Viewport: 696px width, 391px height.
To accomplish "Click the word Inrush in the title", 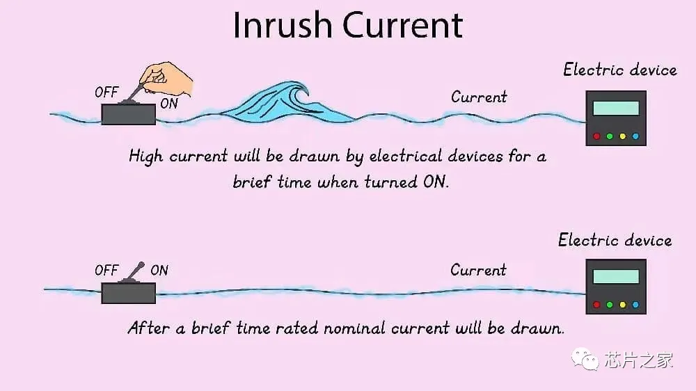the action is (x=283, y=25).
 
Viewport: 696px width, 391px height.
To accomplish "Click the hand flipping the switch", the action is (x=166, y=79).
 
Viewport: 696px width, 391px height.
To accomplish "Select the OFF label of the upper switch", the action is (x=106, y=93).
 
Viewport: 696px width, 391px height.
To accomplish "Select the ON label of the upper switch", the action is (x=169, y=104).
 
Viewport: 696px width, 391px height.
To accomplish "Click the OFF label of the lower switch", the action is (x=106, y=270).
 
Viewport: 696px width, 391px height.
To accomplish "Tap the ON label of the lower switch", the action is (x=159, y=270).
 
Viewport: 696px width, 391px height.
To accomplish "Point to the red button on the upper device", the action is (x=596, y=136).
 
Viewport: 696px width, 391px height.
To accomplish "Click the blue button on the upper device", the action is (x=635, y=136).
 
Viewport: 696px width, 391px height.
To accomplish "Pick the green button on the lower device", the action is (x=610, y=305).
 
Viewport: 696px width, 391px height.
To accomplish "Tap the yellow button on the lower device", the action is (x=623, y=305).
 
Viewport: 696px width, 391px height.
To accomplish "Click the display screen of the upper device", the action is (x=616, y=108).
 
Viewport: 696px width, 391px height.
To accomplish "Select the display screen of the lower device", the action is (x=616, y=276).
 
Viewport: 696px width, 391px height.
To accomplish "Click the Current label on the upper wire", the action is (x=479, y=97).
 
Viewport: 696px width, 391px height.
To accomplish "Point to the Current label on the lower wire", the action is (x=478, y=270).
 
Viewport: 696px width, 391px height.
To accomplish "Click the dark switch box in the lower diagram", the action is (x=128, y=293).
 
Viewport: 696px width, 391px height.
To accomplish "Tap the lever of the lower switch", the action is (x=135, y=271).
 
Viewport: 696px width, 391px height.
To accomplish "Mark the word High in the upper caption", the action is (x=146, y=157).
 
